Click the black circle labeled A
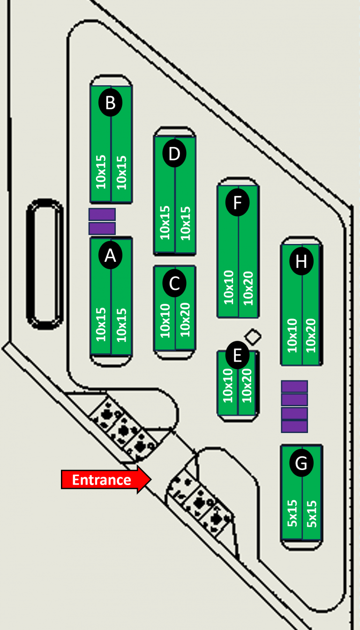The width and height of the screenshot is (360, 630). point(110,255)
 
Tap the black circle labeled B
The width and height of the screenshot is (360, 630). point(110,102)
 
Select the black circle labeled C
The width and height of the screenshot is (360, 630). point(174,283)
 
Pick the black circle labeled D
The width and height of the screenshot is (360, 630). point(174,153)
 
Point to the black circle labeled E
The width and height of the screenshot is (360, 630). point(237,355)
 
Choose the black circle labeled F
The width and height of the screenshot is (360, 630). point(238,202)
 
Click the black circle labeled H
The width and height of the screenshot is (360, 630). point(301,261)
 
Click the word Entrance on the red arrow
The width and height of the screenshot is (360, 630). point(101,480)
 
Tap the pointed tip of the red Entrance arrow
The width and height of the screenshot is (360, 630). point(151,479)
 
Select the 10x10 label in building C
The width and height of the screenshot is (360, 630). point(165,320)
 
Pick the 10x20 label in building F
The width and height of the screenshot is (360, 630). point(248,288)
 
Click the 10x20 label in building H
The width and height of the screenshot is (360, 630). point(310,335)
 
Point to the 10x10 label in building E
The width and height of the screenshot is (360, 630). point(228,385)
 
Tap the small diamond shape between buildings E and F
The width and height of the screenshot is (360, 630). point(253,337)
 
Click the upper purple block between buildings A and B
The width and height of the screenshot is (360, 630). point(102,214)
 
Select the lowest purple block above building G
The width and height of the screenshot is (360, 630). point(294,426)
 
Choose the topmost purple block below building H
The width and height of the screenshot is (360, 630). point(294,387)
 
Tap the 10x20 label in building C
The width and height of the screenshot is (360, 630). point(185,320)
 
